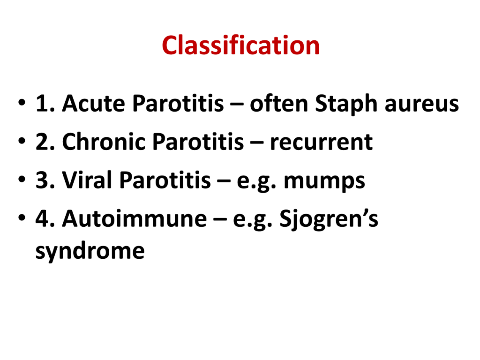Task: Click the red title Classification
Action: [240, 45]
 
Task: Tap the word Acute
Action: [93, 103]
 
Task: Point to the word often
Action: [278, 103]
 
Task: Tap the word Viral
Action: [87, 180]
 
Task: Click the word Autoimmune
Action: [135, 218]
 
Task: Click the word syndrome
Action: [90, 252]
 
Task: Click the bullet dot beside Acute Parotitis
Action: [22, 103]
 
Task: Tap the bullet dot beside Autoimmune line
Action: [22, 217]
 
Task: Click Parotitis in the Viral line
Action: [165, 180]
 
